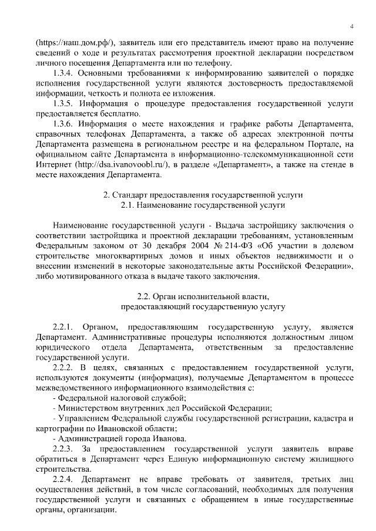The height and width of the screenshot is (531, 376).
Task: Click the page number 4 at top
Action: [x=351, y=26]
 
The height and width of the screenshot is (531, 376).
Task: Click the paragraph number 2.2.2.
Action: [x=62, y=367]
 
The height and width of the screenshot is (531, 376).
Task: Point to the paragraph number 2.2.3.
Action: [x=62, y=449]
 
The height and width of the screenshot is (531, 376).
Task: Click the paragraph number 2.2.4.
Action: [x=62, y=480]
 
